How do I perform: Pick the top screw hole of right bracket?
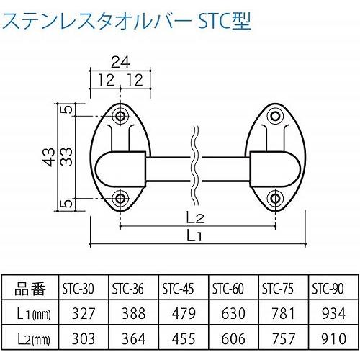pyautogui.click(x=274, y=115)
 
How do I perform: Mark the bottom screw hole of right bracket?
pyautogui.click(x=274, y=197)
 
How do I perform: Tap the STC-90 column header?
pyautogui.click(x=327, y=290)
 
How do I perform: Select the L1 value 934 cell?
pyautogui.click(x=327, y=312)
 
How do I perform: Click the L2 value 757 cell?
pyautogui.click(x=279, y=336)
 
